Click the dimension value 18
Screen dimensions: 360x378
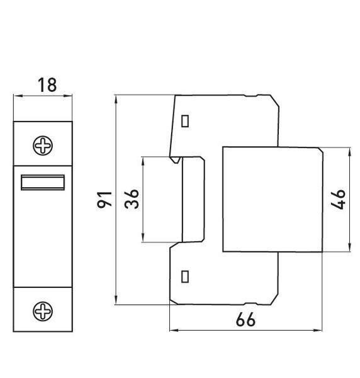click(x=47, y=85)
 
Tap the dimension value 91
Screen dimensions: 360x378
click(x=104, y=200)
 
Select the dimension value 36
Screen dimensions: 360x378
click(x=132, y=199)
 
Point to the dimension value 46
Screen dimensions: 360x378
click(x=338, y=200)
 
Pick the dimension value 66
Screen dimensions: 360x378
click(x=245, y=319)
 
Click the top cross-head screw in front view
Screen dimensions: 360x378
click(x=43, y=146)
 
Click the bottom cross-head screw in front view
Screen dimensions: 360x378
click(x=43, y=311)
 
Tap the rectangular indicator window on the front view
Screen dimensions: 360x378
click(x=43, y=182)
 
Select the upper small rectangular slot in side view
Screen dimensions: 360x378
click(x=185, y=121)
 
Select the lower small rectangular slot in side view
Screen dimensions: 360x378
click(x=184, y=277)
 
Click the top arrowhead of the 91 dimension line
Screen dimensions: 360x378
click(x=116, y=100)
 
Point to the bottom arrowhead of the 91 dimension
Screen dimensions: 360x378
click(x=116, y=300)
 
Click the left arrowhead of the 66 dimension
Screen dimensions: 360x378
click(x=174, y=330)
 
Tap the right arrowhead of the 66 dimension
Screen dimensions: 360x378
click(x=318, y=330)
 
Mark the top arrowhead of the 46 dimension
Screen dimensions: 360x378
click(x=350, y=152)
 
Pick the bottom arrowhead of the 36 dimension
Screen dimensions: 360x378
click(x=143, y=238)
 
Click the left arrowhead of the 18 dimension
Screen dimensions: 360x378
click(x=18, y=96)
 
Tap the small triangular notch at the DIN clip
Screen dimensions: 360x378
click(x=176, y=160)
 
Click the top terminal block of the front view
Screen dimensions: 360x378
click(x=43, y=144)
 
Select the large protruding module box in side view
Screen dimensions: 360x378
click(x=273, y=200)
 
